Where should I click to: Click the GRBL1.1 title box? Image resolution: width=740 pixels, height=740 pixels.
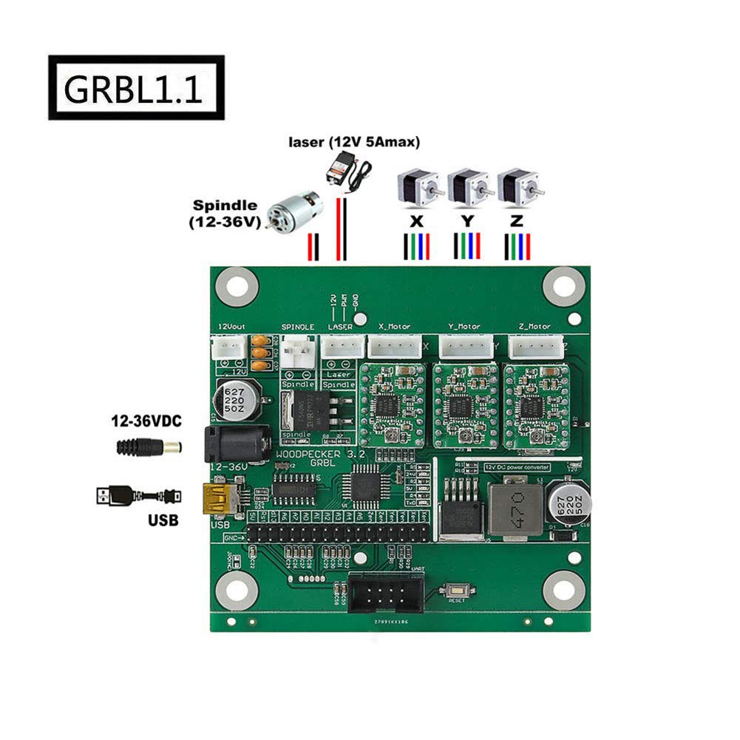tap(136, 87)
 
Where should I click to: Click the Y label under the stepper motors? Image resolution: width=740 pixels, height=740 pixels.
tap(467, 220)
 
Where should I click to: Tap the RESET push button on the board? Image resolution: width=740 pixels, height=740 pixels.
tap(456, 591)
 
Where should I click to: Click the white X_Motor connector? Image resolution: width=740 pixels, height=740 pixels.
tap(396, 345)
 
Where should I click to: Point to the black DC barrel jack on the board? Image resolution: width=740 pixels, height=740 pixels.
tap(235, 445)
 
